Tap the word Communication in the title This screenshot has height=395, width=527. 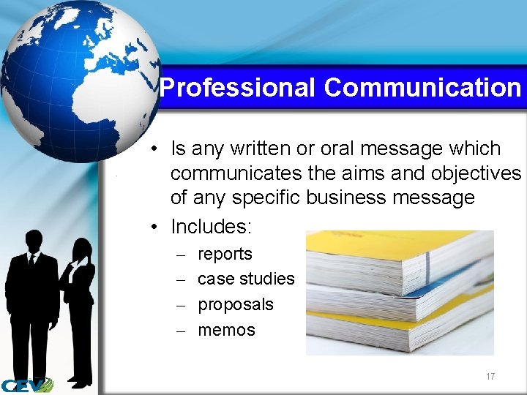point(422,88)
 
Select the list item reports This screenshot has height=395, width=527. point(225,254)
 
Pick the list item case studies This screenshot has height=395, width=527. point(246,279)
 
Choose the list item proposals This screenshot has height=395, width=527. point(236,304)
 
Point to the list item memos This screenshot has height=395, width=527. point(226,330)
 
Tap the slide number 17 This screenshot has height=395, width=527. point(490,377)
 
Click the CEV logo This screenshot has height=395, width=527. point(26,384)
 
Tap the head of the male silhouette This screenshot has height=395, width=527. point(34,241)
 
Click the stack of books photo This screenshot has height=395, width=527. point(399,293)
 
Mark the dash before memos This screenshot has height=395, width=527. point(181,331)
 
